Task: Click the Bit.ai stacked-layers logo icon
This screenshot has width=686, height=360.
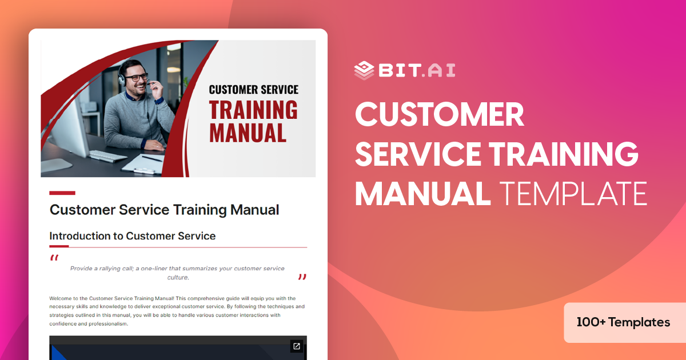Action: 364,70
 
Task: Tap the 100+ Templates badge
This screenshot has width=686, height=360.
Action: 624,322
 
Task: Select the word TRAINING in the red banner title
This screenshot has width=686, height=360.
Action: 253,110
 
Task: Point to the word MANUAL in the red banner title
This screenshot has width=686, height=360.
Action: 248,133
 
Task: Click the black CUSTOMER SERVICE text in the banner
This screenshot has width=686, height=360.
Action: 253,90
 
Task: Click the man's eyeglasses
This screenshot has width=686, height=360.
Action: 136,77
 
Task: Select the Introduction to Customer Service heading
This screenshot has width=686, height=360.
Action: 132,235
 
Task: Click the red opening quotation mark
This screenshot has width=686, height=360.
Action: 54,258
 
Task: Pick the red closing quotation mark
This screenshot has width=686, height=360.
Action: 302,278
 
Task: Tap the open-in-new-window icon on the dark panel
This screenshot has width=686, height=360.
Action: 296,346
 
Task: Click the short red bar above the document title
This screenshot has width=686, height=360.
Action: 62,193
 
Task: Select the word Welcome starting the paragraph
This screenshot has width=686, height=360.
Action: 61,298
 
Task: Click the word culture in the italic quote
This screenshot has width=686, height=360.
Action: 177,278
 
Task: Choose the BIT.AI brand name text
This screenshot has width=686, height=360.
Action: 416,70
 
